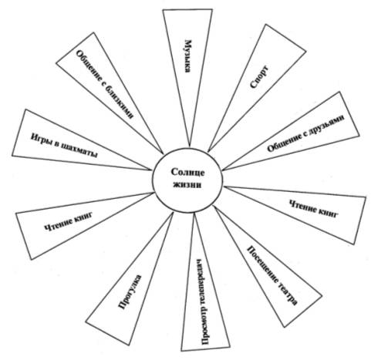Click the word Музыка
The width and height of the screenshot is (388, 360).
188,56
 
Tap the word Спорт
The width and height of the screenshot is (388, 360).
259,77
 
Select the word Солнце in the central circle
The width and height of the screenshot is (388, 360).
187,173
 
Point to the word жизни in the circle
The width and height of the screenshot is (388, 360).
187,185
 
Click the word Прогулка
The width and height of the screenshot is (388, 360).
130,292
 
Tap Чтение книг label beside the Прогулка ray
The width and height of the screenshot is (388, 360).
69,221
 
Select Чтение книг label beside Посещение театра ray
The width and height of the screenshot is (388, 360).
313,209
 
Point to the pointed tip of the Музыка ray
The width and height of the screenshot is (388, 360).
190,146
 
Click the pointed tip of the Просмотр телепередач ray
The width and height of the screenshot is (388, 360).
194,213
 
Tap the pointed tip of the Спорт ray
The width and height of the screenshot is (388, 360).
208,152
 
